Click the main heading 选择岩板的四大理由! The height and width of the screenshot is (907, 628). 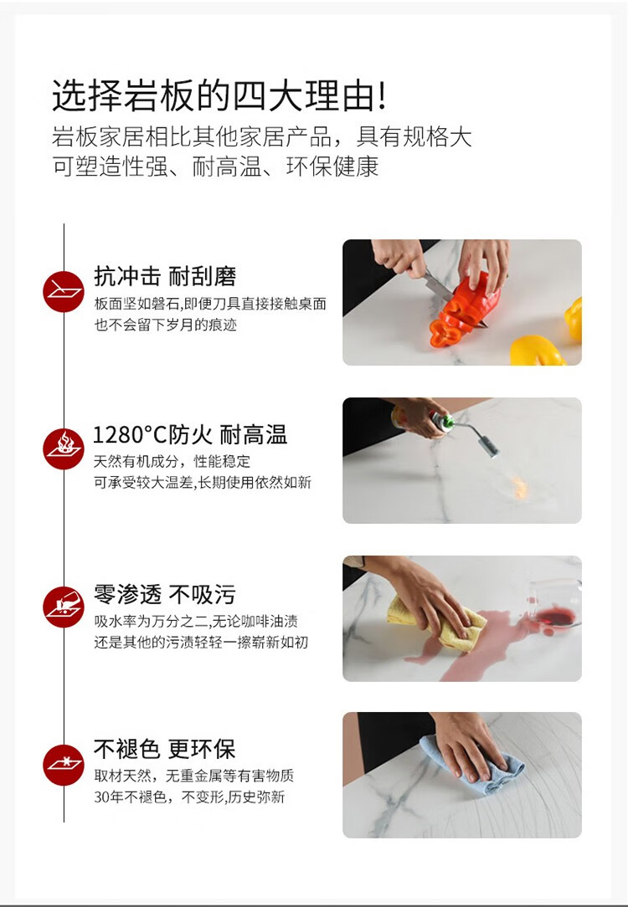pos(219,95)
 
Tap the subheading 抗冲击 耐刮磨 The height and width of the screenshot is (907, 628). pos(165,276)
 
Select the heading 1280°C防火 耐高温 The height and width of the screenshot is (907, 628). pos(190,434)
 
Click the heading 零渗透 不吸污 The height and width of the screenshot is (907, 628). pos(165,594)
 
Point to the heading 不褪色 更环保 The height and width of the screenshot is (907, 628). pos(165,749)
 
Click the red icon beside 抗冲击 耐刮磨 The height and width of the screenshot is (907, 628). pos(64,291)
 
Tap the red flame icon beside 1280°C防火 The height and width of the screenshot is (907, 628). pos(64,448)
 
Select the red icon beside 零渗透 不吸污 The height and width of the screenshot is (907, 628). pos(64,607)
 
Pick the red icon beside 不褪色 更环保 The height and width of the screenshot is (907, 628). pos(64,765)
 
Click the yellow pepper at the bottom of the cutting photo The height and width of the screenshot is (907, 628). pos(536,351)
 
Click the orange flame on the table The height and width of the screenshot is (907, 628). pos(520,487)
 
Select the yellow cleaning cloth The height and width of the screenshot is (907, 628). pos(437,625)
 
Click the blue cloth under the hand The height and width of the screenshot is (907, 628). pos(471,766)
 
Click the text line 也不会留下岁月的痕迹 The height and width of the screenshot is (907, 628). pos(166,325)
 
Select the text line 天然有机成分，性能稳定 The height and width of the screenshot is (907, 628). pos(172,461)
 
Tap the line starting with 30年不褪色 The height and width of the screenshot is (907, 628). pos(189,797)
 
